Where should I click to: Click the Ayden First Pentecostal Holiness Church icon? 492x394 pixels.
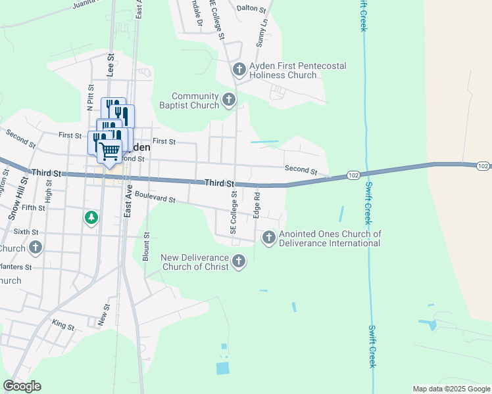click(239, 69)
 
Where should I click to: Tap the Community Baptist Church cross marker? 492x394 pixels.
click(229, 100)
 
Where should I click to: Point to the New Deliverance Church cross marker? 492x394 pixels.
click(239, 261)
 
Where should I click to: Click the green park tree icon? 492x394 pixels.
click(91, 217)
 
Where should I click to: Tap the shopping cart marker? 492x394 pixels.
click(110, 151)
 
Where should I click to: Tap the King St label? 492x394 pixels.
click(63, 326)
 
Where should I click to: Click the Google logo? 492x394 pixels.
click(22, 386)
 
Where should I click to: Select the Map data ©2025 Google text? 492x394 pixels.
click(450, 389)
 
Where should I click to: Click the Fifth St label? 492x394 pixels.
click(34, 208)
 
